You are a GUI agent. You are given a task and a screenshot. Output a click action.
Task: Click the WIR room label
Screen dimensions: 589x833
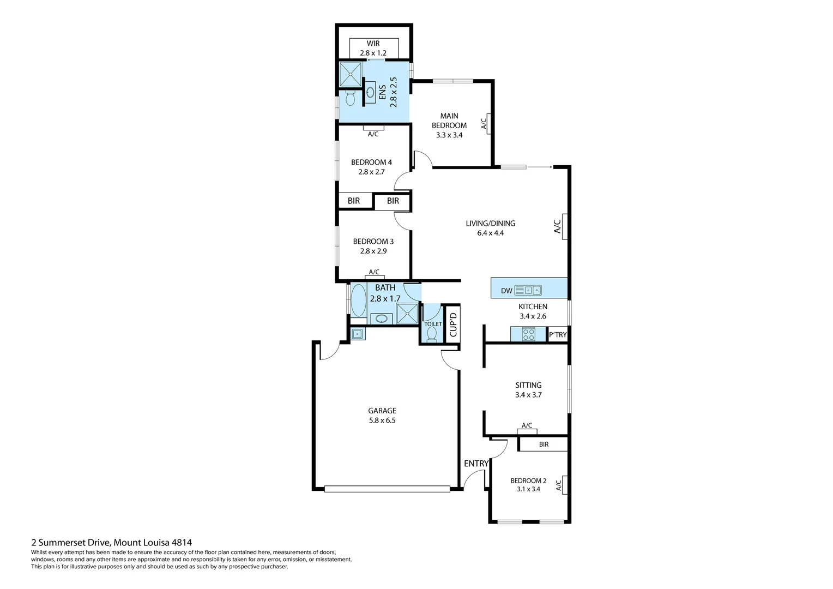373,44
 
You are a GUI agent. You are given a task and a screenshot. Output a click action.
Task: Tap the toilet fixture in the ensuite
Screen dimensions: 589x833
350,99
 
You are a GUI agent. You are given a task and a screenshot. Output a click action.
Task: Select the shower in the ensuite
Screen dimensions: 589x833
350,74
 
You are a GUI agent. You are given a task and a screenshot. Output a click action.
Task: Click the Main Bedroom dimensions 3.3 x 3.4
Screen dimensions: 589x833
449,135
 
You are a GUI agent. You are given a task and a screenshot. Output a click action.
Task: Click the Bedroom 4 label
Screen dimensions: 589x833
371,162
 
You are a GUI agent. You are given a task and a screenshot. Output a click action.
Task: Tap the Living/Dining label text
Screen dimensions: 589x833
490,223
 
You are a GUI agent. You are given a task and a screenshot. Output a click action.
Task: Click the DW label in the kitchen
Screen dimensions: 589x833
506,291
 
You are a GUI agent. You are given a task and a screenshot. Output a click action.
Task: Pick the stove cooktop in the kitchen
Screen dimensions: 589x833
528,334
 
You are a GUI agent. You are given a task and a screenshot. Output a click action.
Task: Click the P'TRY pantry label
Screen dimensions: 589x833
558,334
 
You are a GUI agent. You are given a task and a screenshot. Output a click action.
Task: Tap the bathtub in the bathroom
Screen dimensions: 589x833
358,300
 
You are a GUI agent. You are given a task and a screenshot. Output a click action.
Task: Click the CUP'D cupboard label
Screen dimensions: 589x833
452,324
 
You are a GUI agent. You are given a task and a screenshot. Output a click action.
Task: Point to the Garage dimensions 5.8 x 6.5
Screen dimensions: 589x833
382,420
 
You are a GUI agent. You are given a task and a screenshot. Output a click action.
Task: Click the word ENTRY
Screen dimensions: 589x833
476,464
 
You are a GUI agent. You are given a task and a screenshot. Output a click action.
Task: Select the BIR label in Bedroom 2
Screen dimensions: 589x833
544,444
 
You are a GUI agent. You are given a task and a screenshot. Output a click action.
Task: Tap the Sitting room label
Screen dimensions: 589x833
528,385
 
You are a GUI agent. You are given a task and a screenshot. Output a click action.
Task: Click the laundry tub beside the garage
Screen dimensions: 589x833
358,334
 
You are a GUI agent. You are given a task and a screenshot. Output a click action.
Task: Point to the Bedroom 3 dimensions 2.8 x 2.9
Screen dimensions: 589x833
373,251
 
